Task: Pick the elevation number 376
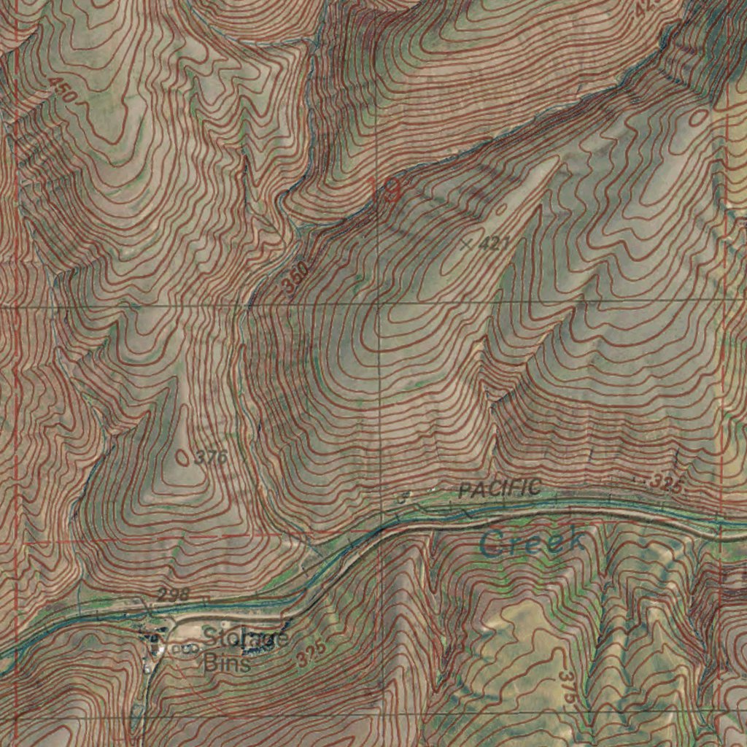212,457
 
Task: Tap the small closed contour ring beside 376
182,457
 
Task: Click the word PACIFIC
500,489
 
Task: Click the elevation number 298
174,595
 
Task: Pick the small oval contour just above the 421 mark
501,210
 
